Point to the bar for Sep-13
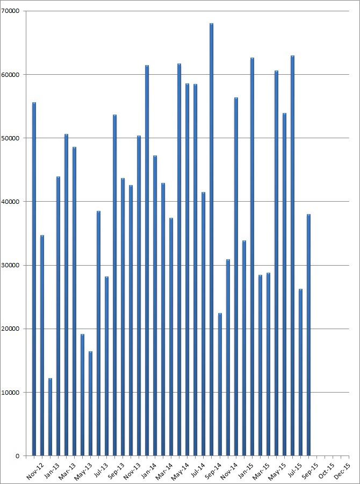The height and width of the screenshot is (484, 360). [114, 285]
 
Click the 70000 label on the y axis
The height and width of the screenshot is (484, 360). [10, 11]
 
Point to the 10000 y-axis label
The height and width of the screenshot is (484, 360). [10, 393]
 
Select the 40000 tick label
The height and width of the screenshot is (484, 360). [10, 202]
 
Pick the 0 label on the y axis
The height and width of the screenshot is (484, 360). [17, 456]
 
